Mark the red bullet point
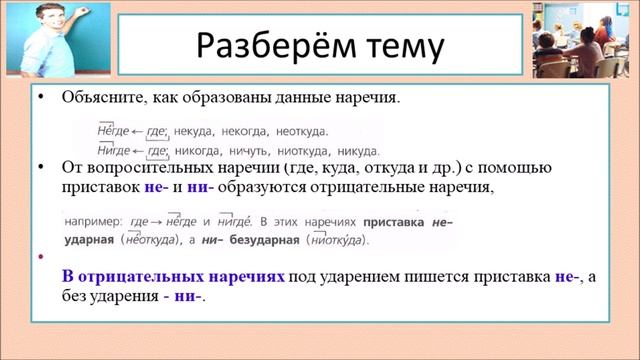pos(40,257)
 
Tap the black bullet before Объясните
pos(41,100)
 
